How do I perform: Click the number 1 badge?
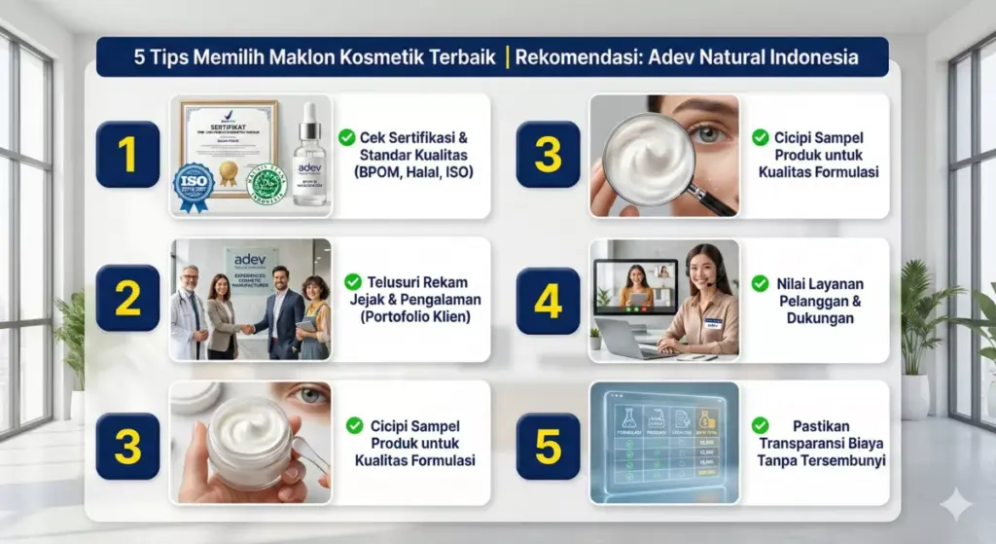click(x=127, y=155)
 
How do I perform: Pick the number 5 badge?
click(x=548, y=446)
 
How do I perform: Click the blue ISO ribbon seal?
click(x=194, y=185)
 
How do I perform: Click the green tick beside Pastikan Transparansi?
click(x=760, y=425)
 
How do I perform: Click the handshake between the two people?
click(x=247, y=329)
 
